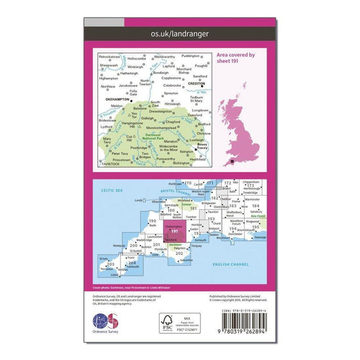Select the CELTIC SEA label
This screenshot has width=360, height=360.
107,189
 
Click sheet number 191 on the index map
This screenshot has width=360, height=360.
174,232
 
